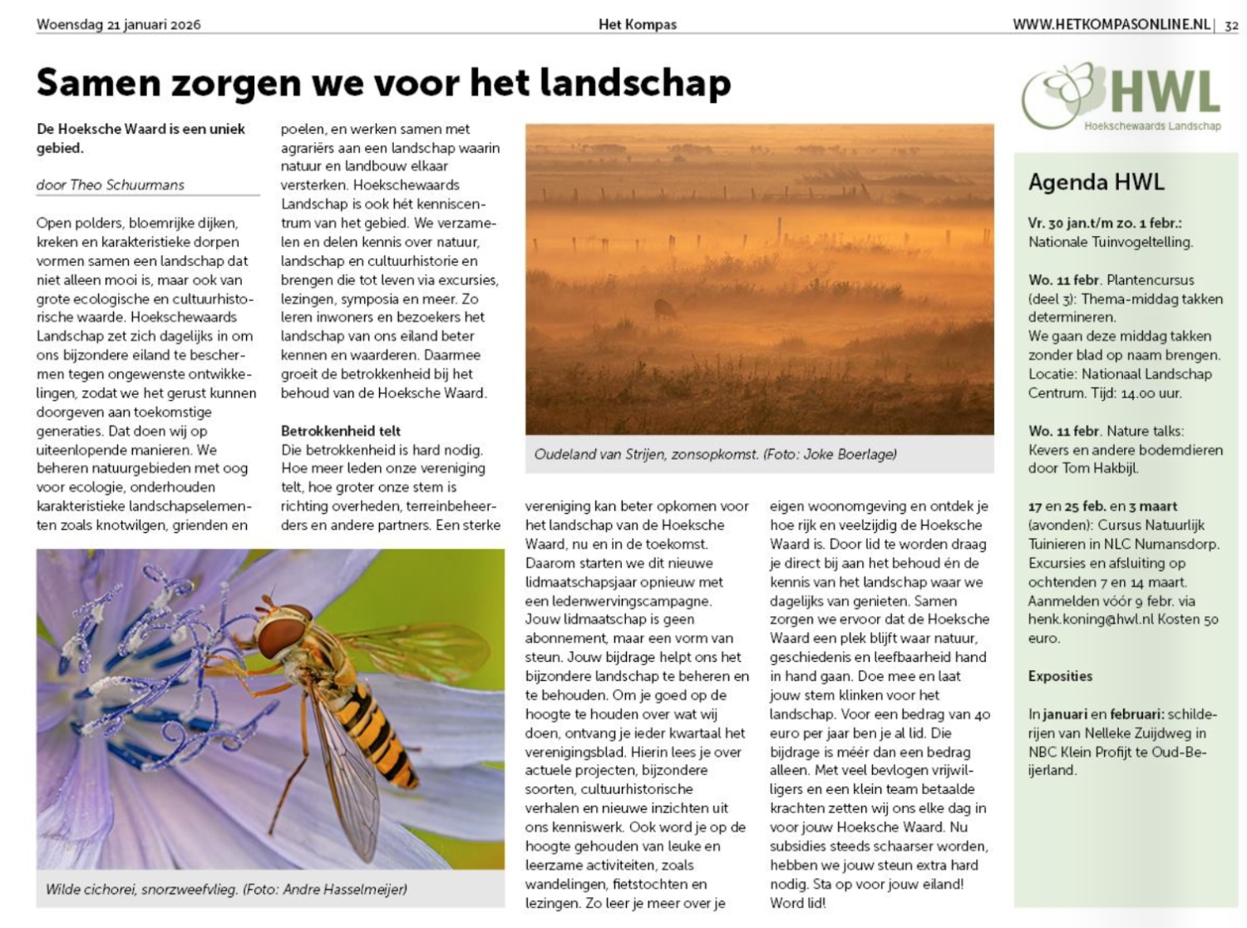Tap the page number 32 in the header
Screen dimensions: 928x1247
click(x=1231, y=25)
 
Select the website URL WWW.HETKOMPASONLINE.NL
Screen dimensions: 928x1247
click(x=1111, y=24)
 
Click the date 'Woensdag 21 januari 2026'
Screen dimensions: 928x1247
click(x=118, y=24)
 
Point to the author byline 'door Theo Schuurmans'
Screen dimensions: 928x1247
click(x=111, y=185)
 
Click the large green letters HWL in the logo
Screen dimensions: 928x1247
click(x=1164, y=93)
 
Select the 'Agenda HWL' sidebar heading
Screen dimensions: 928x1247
click(x=1096, y=182)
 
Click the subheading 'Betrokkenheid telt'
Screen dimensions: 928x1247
click(x=341, y=431)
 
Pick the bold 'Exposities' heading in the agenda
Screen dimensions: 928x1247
click(x=1060, y=676)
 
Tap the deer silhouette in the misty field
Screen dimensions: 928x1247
click(x=665, y=309)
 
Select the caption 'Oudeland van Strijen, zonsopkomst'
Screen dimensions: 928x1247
click(x=647, y=455)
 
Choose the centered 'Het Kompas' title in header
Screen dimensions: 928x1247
click(x=638, y=24)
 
